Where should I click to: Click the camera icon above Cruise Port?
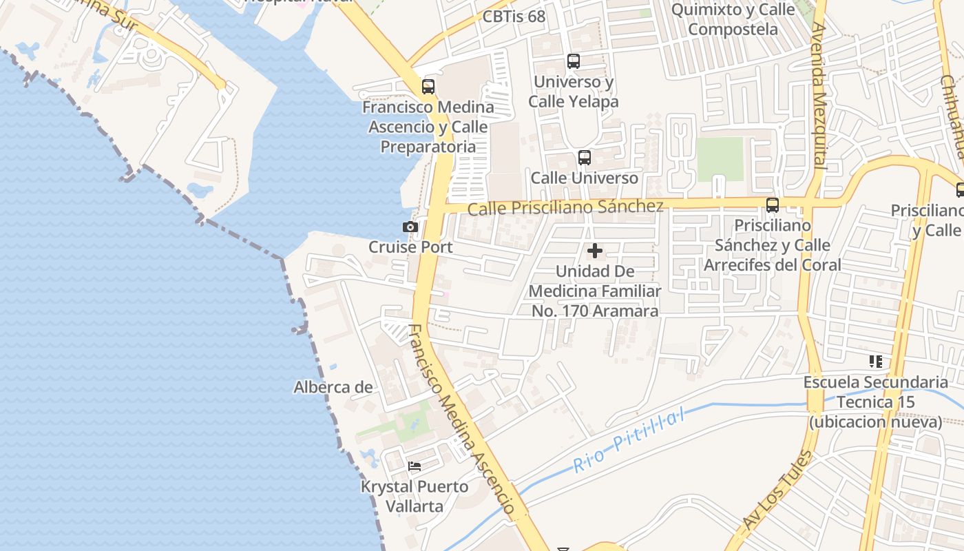tap(410, 227)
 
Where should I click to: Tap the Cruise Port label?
tap(410, 247)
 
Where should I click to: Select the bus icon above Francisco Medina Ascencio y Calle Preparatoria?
tap(428, 87)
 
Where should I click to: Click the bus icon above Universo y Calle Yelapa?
tap(574, 61)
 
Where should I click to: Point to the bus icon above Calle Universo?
tap(585, 158)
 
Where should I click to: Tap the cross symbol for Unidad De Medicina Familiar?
tap(595, 251)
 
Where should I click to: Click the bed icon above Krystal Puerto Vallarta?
tap(415, 466)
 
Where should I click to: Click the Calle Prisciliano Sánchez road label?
tap(565, 207)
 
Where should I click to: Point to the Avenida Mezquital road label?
tap(818, 96)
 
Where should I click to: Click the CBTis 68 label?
tap(514, 17)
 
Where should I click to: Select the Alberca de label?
tap(333, 387)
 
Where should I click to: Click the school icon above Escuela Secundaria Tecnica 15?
tap(876, 362)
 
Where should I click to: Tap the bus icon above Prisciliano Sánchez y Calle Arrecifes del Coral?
tap(773, 205)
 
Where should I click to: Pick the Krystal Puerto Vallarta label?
tap(415, 496)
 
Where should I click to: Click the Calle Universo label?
tap(585, 178)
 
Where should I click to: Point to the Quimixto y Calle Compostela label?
tap(733, 20)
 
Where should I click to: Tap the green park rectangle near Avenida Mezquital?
tap(720, 159)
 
